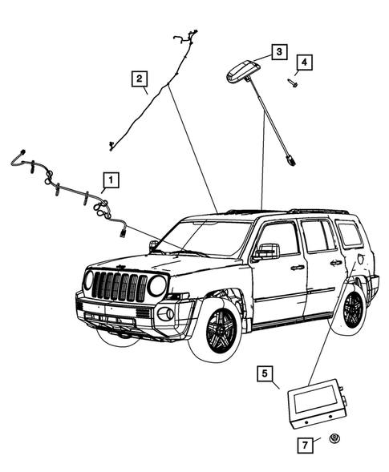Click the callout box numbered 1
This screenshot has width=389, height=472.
point(111,180)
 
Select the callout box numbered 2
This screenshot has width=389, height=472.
point(140,78)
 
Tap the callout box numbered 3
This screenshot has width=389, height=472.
point(278,51)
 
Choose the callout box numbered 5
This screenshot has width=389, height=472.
point(265,373)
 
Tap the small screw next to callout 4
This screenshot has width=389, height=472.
point(293,83)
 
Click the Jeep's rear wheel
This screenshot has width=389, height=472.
point(353,309)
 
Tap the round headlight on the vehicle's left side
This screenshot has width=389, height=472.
point(157,284)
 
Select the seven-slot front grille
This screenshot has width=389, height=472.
point(120,286)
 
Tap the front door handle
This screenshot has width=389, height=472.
point(298,267)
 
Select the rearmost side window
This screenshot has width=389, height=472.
point(350,233)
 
